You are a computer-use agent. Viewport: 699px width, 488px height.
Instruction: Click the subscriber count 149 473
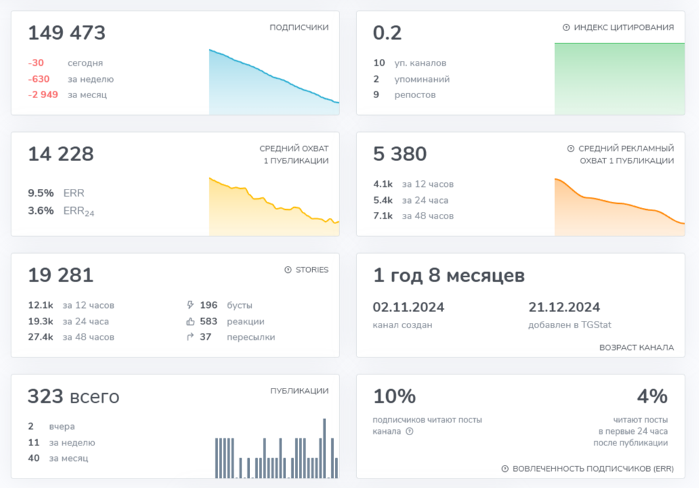66,33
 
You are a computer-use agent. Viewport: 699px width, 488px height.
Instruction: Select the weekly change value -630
39,79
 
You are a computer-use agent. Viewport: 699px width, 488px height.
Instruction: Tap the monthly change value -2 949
43,95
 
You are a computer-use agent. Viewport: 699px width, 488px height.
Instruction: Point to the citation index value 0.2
387,33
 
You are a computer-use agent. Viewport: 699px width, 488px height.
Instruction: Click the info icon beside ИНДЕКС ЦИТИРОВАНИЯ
566,27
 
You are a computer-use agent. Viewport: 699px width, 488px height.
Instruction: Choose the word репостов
415,95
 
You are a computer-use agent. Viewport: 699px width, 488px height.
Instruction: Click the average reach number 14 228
61,154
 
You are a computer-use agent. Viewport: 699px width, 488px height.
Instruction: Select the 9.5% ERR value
41,193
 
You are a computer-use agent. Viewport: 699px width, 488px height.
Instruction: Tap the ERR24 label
79,210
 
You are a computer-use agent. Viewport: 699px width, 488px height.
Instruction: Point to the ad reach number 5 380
400,154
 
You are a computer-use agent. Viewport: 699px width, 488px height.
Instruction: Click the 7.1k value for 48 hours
383,216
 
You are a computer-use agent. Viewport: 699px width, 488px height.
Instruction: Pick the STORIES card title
312,269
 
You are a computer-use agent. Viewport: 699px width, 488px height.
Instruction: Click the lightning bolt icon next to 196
190,305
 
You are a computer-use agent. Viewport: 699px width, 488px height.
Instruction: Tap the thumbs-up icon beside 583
190,321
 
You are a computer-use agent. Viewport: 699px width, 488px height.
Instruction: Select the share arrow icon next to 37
190,337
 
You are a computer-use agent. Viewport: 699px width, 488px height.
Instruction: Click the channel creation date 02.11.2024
408,307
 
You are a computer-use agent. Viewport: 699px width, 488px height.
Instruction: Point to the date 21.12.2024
564,307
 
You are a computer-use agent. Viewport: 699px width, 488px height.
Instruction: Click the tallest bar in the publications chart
324,448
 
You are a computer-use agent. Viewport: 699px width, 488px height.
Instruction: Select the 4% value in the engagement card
652,396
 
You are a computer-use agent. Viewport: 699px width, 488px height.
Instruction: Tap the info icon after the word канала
410,431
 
